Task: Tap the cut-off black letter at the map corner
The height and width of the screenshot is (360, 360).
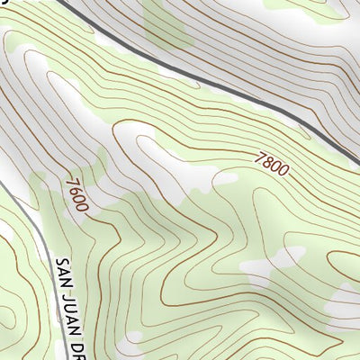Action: [x=4, y=3]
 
